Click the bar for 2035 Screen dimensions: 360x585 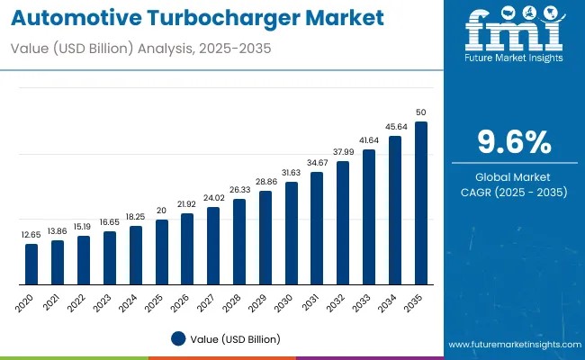pos(420,202)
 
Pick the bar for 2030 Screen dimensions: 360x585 pos(291,232)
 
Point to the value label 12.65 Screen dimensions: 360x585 pos(31,235)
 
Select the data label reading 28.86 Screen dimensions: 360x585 pos(265,181)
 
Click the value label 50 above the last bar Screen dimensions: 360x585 pos(420,112)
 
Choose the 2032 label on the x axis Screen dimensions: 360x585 pos(336,302)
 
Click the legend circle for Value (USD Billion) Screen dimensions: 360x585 pos(177,339)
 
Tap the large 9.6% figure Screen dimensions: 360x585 pos(514,142)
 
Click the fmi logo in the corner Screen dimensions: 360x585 pos(515,34)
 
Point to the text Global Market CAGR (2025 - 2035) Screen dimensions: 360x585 pos(514,184)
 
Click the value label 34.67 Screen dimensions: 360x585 pos(317,162)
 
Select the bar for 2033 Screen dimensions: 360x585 pos(368,216)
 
